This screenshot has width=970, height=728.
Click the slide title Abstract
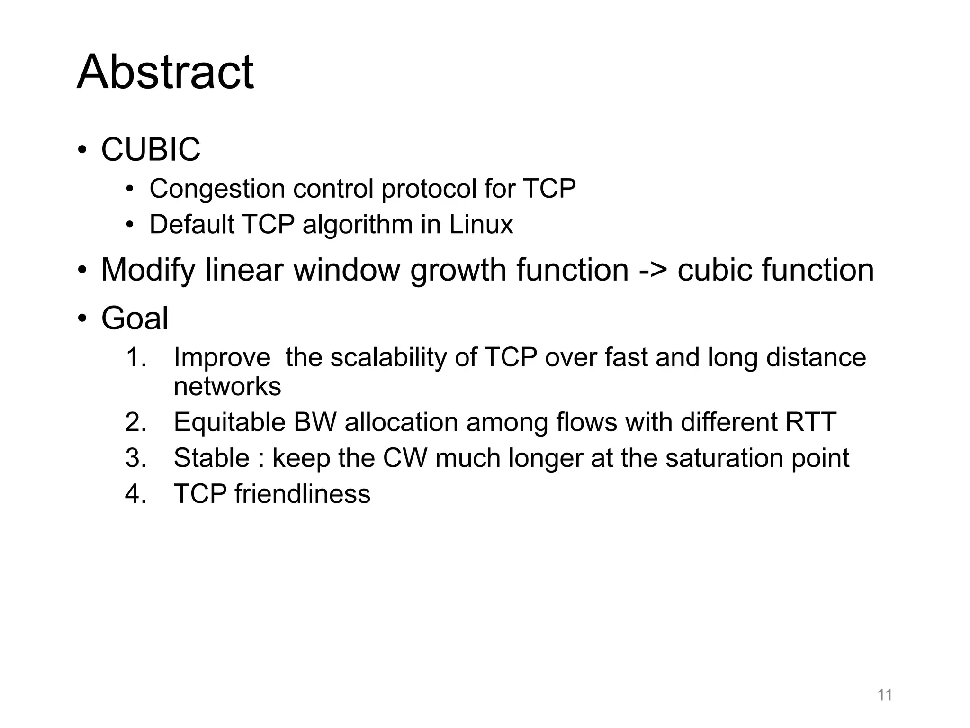(165, 72)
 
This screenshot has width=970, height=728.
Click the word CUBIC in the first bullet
(151, 150)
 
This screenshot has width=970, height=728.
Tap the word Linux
(481, 224)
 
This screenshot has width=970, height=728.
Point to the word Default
(192, 224)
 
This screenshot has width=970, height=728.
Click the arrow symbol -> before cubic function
(653, 270)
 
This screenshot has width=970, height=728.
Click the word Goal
(135, 318)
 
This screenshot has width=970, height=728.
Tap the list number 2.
(135, 422)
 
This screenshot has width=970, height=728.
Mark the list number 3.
(135, 458)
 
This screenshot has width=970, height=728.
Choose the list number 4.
(135, 494)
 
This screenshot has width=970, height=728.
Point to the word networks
(227, 387)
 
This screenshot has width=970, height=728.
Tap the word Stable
(211, 458)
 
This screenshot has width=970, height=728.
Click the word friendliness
(302, 494)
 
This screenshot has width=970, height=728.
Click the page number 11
(885, 695)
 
